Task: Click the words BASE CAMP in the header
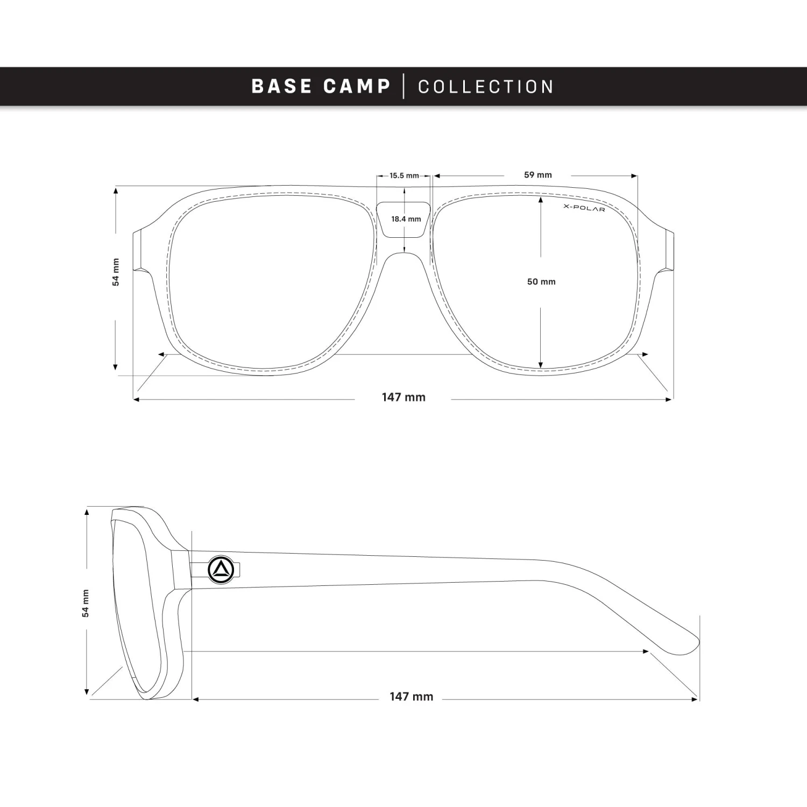click(x=321, y=86)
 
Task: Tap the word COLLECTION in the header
click(x=486, y=87)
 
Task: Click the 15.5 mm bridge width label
click(x=404, y=176)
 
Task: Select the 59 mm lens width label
click(x=537, y=175)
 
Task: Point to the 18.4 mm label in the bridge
click(x=406, y=219)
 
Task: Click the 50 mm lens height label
click(x=541, y=281)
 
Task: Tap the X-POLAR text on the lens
click(x=584, y=208)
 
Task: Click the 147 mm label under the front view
click(x=403, y=397)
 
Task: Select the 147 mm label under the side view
click(x=411, y=697)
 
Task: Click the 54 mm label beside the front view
click(x=116, y=272)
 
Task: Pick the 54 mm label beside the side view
click(x=86, y=603)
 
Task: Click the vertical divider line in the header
click(x=404, y=87)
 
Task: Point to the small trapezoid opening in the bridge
click(x=404, y=220)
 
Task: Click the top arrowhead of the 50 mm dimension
click(x=541, y=199)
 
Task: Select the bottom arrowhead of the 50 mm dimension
click(x=541, y=365)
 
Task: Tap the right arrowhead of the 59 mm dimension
click(x=634, y=176)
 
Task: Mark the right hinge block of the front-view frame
click(x=669, y=250)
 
